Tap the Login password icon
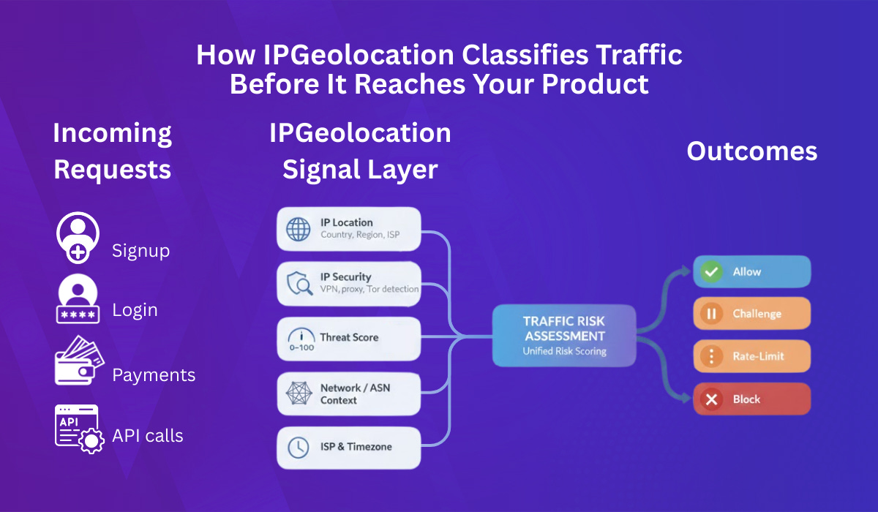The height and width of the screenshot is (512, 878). click(x=77, y=301)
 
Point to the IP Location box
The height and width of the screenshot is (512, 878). click(x=349, y=229)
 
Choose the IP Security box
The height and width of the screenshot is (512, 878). click(x=349, y=284)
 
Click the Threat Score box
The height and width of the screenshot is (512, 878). click(x=349, y=338)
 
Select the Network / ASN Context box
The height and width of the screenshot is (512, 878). click(x=349, y=394)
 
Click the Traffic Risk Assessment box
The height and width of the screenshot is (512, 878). click(x=564, y=336)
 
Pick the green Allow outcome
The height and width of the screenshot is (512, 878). click(x=752, y=272)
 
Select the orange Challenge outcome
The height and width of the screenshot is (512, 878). click(x=752, y=314)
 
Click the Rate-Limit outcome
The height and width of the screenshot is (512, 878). click(x=752, y=356)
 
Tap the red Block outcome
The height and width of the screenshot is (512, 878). click(x=752, y=399)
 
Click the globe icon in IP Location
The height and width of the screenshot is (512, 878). click(x=299, y=229)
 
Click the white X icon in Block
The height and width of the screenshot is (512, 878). click(x=710, y=399)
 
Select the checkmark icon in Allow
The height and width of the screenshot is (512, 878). click(x=710, y=272)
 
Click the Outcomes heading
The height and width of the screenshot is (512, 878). click(x=751, y=151)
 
